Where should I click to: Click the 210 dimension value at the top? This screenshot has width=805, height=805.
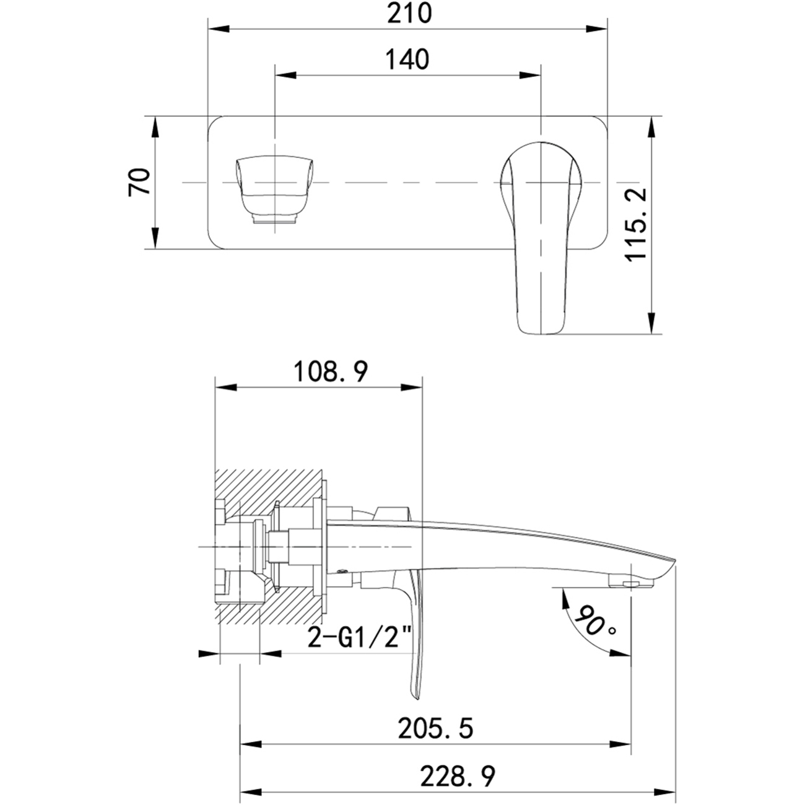(x=409, y=14)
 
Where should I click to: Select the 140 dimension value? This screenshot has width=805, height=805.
(x=407, y=60)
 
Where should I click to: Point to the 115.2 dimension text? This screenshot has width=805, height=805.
(x=636, y=224)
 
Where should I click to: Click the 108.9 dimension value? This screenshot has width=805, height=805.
(x=331, y=372)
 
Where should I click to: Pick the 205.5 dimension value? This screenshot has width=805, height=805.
(x=436, y=728)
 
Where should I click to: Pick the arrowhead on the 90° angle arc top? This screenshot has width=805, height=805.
(x=563, y=598)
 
